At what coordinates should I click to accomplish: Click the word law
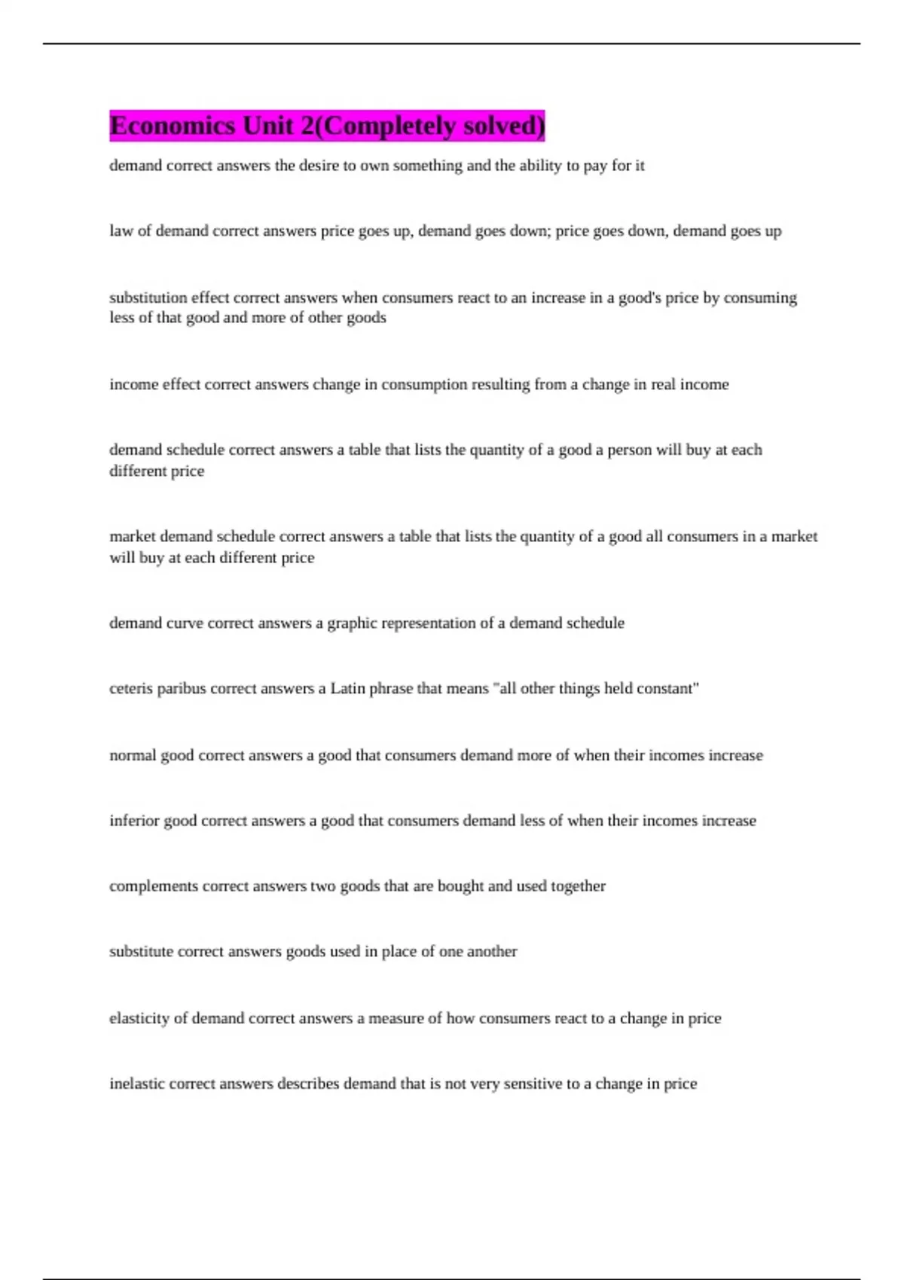(121, 231)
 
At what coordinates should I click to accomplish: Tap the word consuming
(760, 298)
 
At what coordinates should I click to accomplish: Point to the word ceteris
(131, 689)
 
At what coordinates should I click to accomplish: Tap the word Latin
(347, 689)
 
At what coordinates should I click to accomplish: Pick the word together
(578, 886)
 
